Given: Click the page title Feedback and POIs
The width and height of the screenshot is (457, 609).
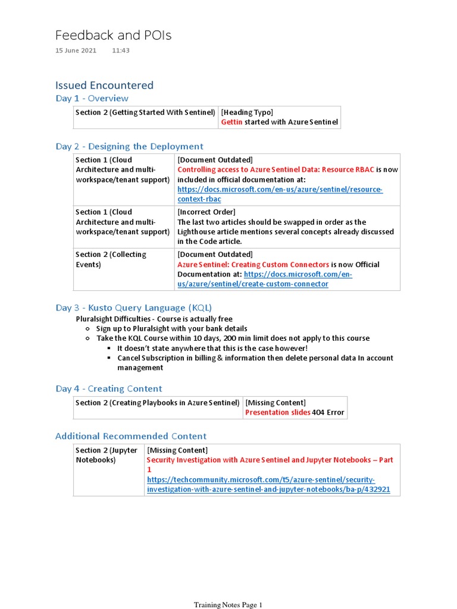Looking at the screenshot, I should pos(113,36).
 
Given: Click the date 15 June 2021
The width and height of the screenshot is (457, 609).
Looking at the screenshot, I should pos(76,51).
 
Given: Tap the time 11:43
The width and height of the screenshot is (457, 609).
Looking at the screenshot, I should pos(120,51).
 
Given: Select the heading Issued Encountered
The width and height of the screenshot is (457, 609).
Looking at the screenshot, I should pos(104,85).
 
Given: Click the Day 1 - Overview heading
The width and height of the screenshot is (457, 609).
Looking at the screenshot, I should pos(92,99).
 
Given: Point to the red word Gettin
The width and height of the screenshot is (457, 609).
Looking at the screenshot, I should pos(232,123).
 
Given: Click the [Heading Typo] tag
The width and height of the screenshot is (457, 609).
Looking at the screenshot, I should pos(247,112).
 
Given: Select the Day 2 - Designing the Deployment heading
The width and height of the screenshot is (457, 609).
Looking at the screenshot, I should pos(129,146).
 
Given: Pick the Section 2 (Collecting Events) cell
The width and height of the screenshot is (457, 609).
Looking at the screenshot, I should pos(111,259).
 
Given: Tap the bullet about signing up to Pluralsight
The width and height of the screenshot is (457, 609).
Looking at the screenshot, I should pos(171,329).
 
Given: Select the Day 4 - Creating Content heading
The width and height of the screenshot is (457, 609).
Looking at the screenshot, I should pos(108,389).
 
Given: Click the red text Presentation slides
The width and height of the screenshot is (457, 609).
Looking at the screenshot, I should pos(278,413).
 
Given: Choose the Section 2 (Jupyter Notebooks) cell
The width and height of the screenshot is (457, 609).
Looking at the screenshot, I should pos(107,455).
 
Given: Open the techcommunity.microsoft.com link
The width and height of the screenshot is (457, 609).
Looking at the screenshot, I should pos(268,484).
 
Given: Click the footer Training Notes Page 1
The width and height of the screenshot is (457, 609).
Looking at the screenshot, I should pos(228,605).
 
